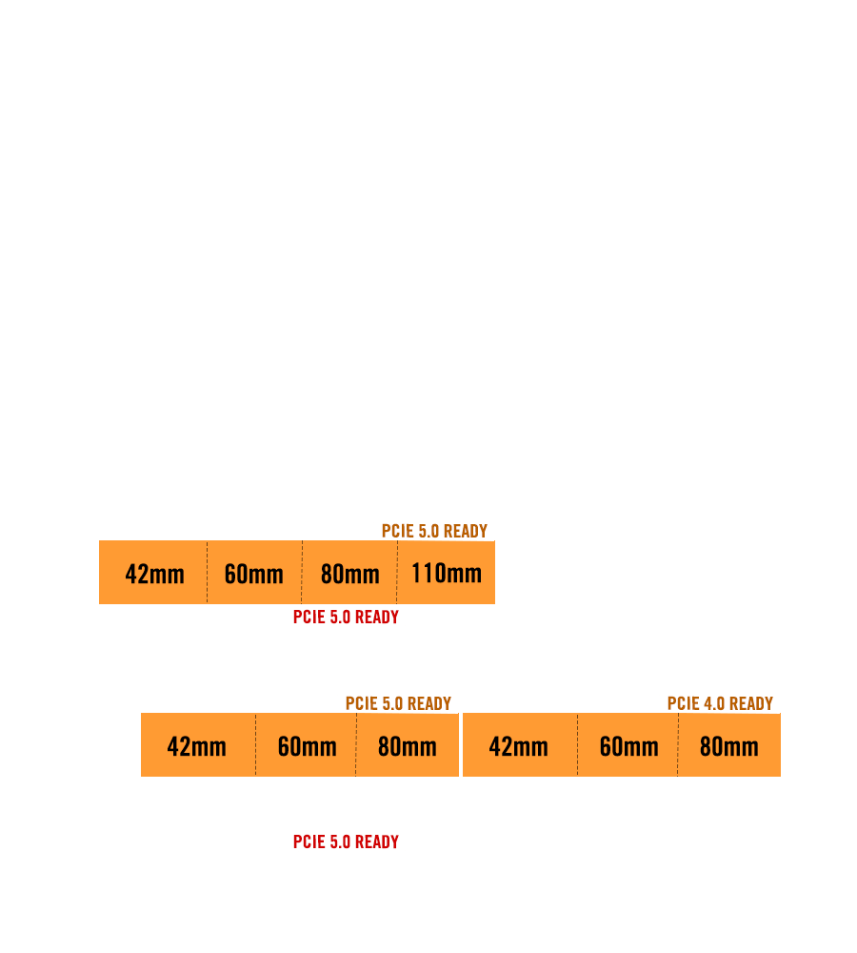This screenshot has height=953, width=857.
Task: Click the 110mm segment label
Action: [x=446, y=574]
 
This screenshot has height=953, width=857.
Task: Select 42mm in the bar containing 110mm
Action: [x=154, y=574]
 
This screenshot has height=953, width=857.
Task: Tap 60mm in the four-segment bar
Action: [x=254, y=574]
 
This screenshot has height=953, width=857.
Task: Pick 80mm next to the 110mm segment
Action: [x=349, y=574]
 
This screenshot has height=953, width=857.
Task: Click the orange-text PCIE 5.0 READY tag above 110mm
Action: [x=433, y=531]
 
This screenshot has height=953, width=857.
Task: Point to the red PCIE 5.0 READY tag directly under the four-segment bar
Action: [x=345, y=617]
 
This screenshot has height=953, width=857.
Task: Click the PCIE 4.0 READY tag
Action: [x=719, y=703]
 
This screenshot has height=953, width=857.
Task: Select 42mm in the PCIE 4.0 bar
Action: [x=519, y=746]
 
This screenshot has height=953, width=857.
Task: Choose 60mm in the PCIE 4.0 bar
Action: [x=628, y=746]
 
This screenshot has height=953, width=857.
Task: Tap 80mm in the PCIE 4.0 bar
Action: [x=729, y=746]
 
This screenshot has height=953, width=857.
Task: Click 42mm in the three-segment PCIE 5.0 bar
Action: [x=197, y=746]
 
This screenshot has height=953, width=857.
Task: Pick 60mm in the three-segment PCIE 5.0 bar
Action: [x=307, y=746]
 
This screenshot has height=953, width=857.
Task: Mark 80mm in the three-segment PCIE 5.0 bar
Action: [x=408, y=746]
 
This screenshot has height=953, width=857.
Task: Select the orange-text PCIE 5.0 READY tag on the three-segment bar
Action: [x=397, y=703]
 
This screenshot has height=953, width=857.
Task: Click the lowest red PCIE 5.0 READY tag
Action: [x=345, y=841]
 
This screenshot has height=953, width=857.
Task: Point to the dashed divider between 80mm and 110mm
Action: [x=397, y=573]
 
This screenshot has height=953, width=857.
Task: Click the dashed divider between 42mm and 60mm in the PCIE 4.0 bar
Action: [x=577, y=745]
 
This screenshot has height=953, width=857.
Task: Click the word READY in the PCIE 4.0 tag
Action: [x=751, y=703]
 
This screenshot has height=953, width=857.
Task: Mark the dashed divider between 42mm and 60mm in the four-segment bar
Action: [x=207, y=573]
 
